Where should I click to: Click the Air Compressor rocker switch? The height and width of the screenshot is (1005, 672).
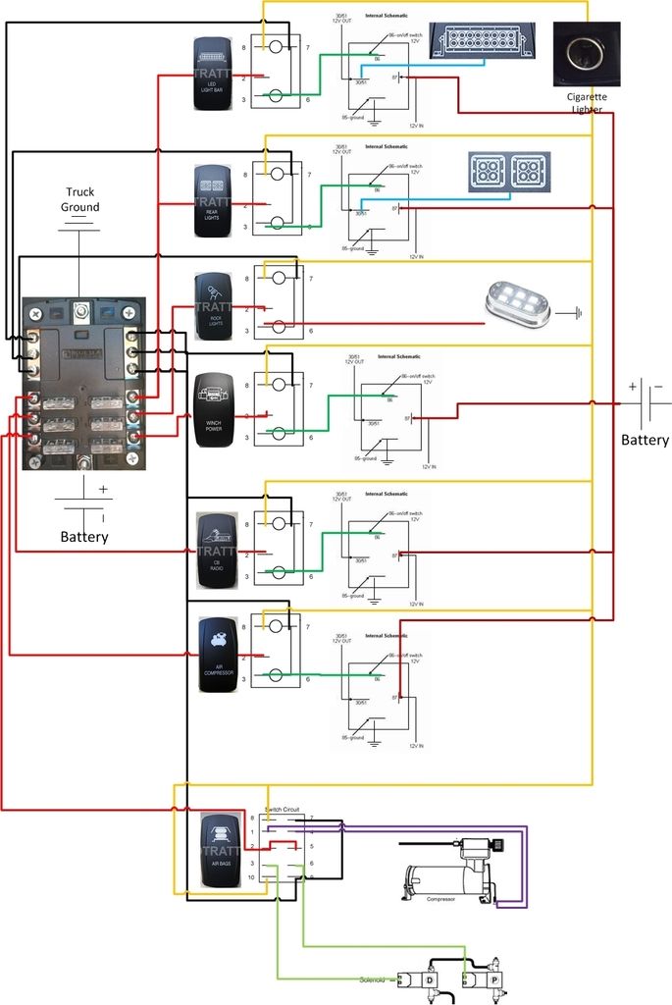(216, 655)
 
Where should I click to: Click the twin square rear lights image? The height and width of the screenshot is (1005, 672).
(508, 172)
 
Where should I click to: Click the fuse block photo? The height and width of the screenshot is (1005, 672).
(84, 383)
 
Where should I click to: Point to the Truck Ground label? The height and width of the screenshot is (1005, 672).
(80, 199)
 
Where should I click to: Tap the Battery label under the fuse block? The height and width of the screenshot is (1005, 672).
(83, 537)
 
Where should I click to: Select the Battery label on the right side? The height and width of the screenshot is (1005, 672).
(645, 440)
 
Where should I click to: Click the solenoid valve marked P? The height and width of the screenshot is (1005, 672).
(490, 980)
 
